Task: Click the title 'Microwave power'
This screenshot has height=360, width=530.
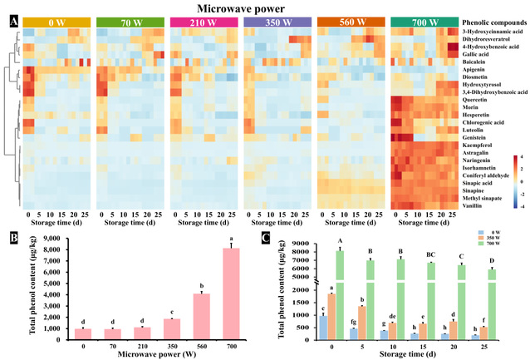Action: point(265,7)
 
